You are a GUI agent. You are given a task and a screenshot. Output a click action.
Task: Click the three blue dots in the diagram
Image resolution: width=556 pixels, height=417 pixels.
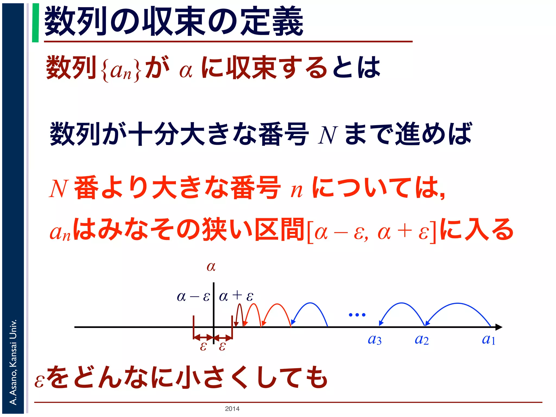coord(357,315)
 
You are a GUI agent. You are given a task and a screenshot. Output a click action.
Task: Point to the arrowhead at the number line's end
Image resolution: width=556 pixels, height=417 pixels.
coord(499,327)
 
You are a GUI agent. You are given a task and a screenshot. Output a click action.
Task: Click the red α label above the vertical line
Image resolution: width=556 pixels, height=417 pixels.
coord(211,267)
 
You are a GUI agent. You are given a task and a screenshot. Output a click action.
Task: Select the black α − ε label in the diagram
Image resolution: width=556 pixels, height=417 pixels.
coord(193,296)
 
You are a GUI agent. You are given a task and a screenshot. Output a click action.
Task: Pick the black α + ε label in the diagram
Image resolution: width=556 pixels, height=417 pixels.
coord(236,296)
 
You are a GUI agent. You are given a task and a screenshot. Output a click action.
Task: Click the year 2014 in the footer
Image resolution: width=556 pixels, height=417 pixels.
coord(232,409)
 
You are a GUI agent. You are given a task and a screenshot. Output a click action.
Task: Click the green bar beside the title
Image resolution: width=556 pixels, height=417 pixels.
coord(35,23)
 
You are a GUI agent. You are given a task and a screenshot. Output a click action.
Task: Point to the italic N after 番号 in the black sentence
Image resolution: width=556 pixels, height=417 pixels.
coord(328,135)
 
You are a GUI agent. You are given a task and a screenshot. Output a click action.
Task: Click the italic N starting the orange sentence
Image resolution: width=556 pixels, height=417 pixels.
coord(58,189)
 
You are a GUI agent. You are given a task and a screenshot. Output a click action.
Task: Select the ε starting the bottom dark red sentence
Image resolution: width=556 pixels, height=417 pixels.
coord(39,381)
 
